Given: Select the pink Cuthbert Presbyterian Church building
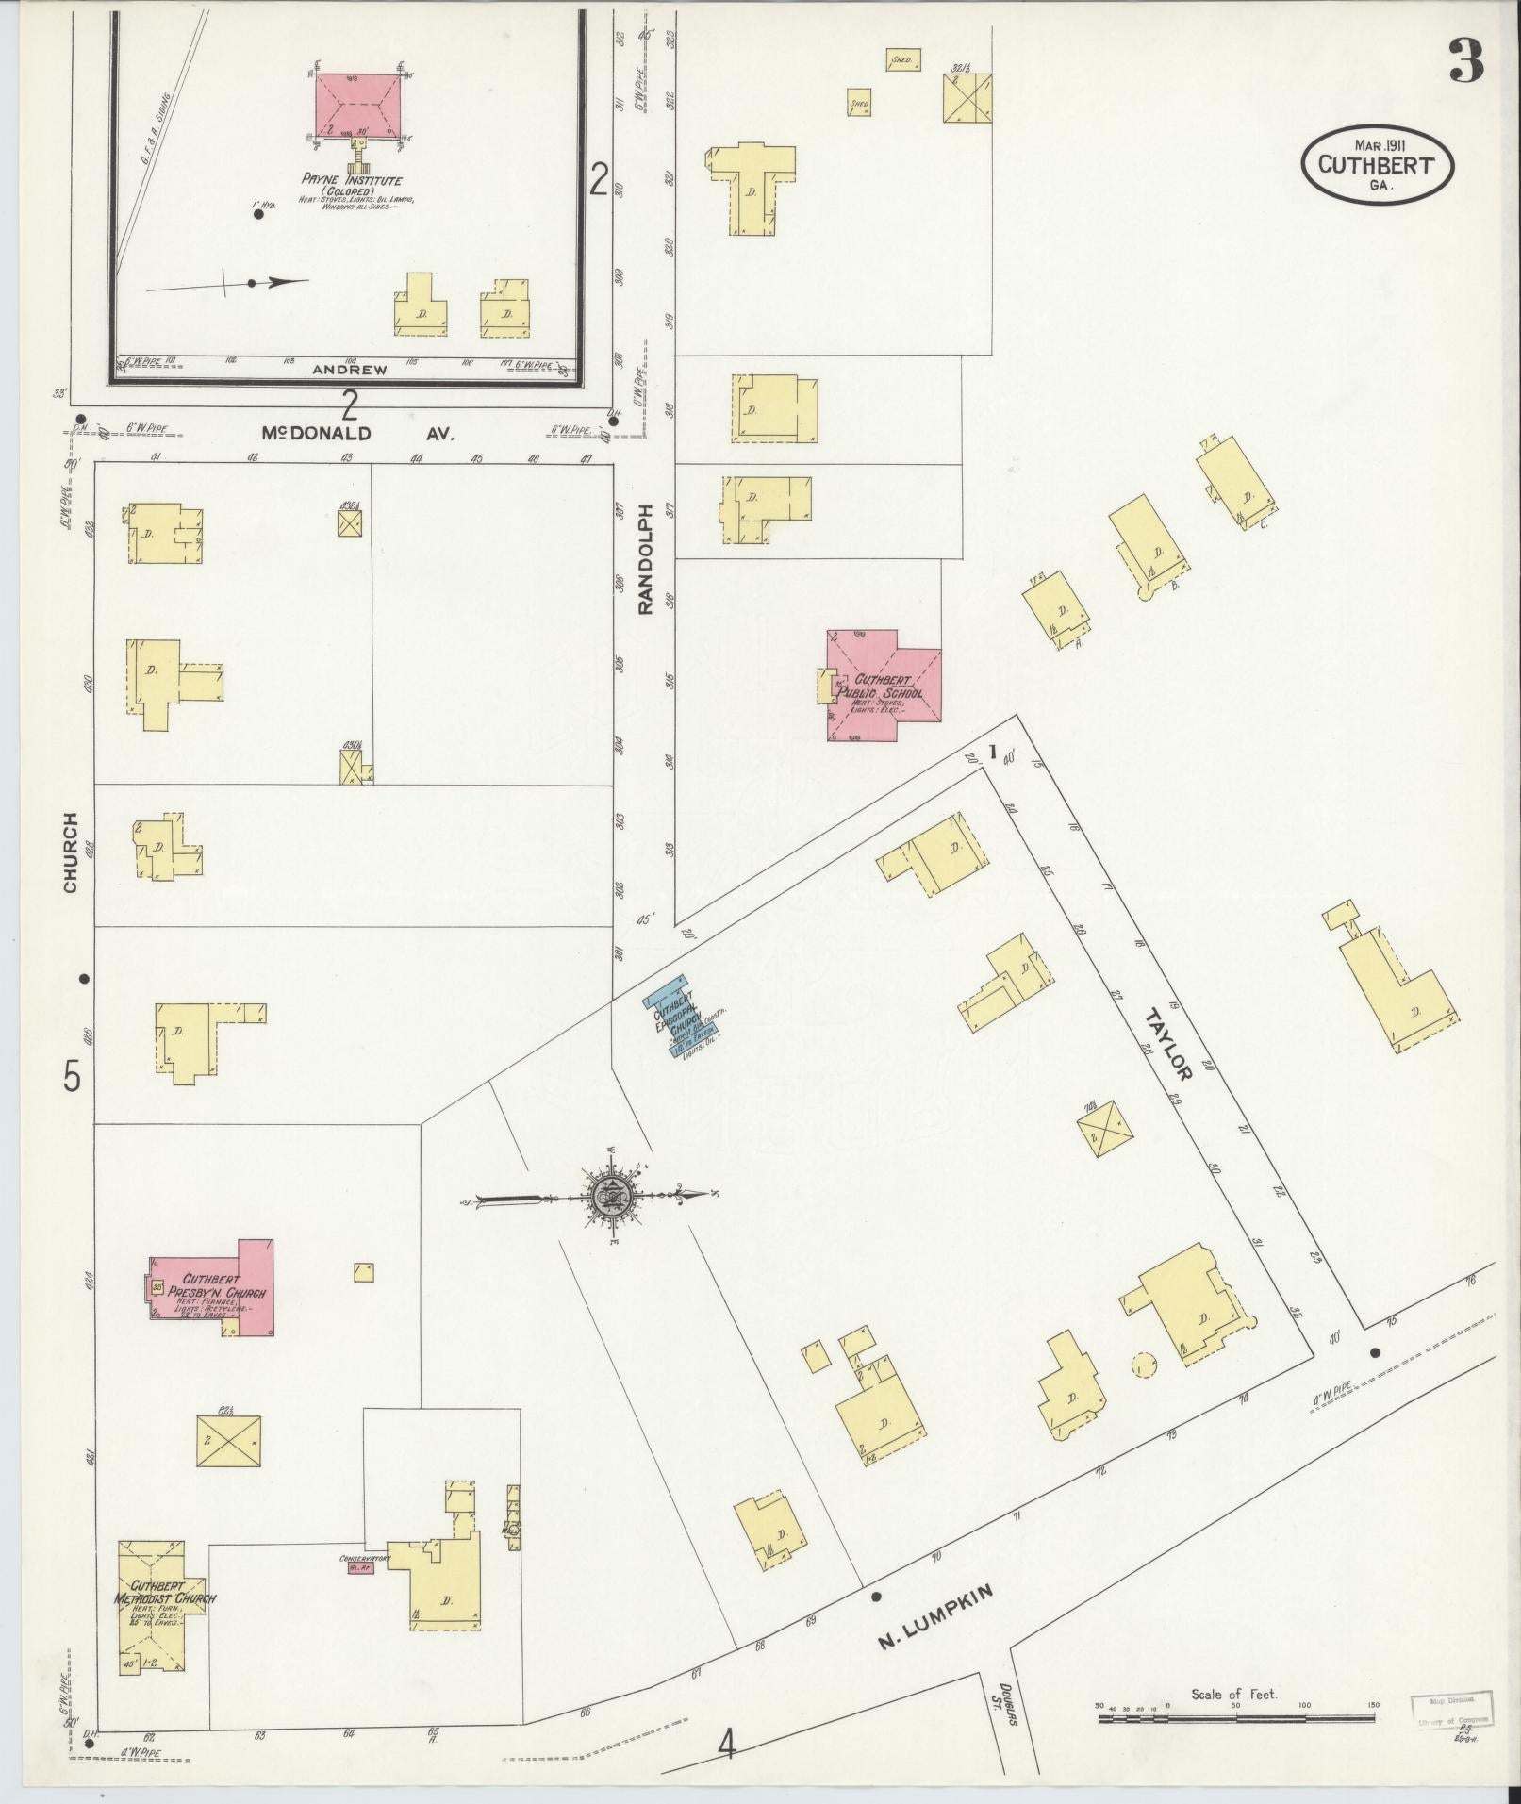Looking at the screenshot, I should [213, 1288].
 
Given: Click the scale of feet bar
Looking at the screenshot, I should [1234, 1719].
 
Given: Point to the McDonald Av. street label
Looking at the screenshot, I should [357, 434].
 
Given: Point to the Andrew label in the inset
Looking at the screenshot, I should [349, 371].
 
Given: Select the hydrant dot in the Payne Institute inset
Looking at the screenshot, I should [257, 214].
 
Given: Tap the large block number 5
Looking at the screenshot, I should [73, 1076].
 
